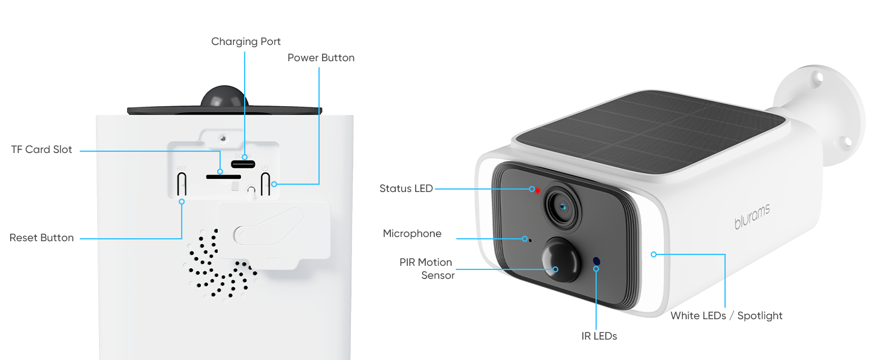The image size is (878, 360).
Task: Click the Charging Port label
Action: [x=246, y=41]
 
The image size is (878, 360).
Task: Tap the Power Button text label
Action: [x=321, y=58]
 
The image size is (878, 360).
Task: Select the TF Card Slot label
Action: [x=41, y=149]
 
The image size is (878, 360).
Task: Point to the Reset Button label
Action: [x=41, y=238]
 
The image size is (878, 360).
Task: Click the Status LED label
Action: [x=406, y=188]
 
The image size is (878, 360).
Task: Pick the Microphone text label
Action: [x=412, y=234]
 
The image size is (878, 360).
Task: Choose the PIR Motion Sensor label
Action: [x=427, y=269]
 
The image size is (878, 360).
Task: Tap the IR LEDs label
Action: [x=599, y=336]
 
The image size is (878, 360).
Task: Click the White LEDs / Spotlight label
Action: [x=726, y=316]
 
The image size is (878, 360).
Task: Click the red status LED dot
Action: [x=538, y=191]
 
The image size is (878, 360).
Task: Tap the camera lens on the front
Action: [x=563, y=206]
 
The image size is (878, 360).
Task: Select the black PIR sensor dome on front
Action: [x=561, y=259]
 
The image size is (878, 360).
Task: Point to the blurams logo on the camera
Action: [x=752, y=216]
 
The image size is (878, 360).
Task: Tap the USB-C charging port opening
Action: [x=243, y=164]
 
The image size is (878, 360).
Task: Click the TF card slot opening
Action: [x=224, y=177]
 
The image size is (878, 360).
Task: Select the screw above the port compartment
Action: [x=223, y=138]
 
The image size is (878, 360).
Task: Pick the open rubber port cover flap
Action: [x=275, y=235]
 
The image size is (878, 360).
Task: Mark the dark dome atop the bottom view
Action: [x=224, y=97]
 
